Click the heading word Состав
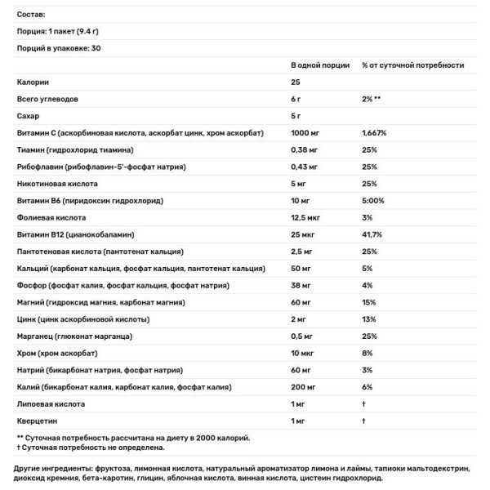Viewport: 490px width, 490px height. tap(32, 14)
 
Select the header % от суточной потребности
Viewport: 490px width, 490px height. tap(413, 65)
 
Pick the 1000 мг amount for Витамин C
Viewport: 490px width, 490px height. tap(305, 133)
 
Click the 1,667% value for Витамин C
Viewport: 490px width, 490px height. tap(375, 133)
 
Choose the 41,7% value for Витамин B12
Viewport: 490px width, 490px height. tap(373, 235)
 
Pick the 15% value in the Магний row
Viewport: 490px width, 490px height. tap(368, 303)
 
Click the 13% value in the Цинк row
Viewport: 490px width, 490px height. tap(368, 319)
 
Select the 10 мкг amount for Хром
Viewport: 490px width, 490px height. tap(304, 354)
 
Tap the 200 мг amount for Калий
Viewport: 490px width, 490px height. tap(305, 387)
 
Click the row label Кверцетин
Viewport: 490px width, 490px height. tap(37, 421)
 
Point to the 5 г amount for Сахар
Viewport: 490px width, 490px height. tap(296, 116)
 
